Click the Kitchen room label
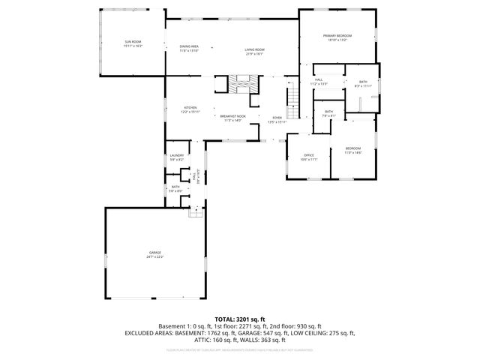pos(190,109)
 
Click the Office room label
pos(308,157)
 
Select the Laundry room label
pos(176,157)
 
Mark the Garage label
pos(154,254)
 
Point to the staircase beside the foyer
pos(293,100)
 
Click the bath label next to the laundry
pos(175,188)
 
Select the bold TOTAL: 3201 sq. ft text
pos(239,319)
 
